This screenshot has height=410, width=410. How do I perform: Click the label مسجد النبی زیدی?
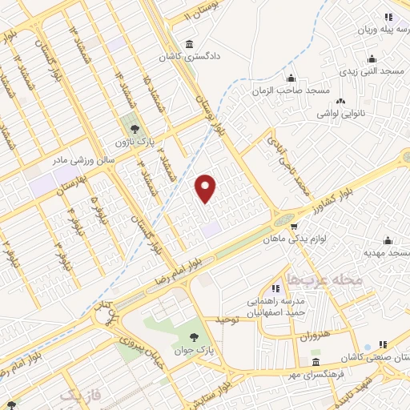tap(373, 72)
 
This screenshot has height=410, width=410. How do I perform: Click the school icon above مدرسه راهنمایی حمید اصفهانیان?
tap(274, 288)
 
